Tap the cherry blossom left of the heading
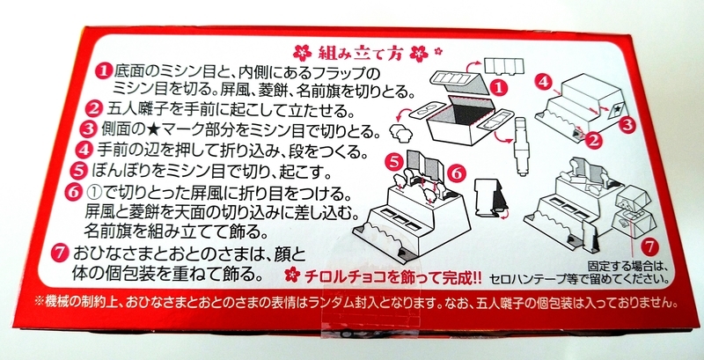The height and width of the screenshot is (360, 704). click(302, 54)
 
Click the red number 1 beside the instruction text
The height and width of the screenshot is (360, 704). click(103, 72)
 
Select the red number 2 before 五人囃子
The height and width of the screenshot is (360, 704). click(95, 108)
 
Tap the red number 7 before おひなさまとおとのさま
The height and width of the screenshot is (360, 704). click(60, 253)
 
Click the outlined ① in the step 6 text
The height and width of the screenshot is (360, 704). click(96, 193)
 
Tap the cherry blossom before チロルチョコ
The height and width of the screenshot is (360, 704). click(292, 275)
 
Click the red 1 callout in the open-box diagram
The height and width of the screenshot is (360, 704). click(498, 87)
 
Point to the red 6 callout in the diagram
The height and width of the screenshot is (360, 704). click(456, 173)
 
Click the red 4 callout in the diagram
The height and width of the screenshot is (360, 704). click(545, 82)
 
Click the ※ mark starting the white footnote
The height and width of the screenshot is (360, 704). click(40, 302)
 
